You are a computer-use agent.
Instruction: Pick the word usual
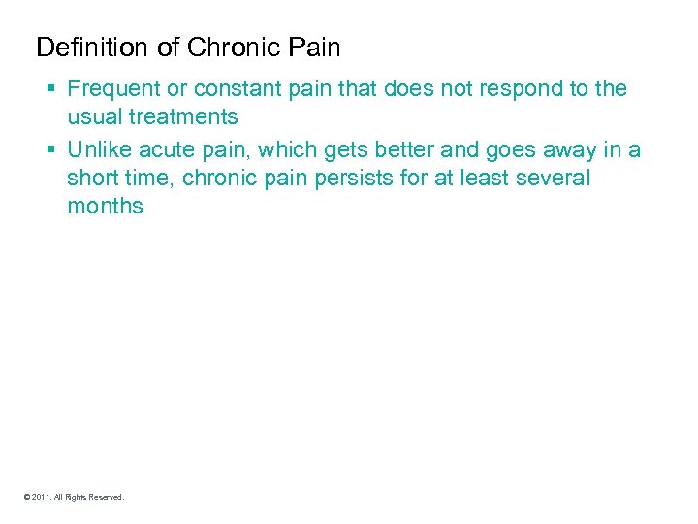[x=92, y=117]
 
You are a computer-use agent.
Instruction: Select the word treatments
[x=181, y=117]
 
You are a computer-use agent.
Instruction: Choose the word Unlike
[x=97, y=149]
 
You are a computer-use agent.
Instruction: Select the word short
[x=92, y=178]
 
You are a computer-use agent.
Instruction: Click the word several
[x=553, y=178]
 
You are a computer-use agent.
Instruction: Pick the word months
[x=105, y=206]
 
